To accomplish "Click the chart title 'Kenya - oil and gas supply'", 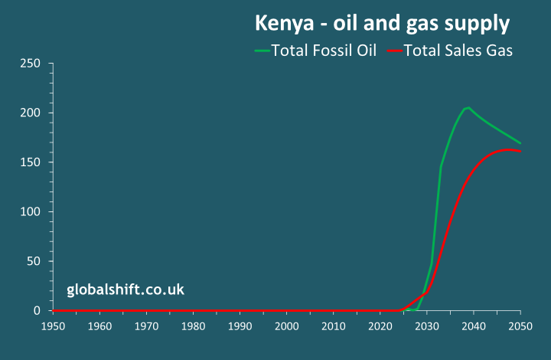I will pyautogui.click(x=382, y=24).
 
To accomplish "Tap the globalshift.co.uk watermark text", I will pyautogui.click(x=126, y=290).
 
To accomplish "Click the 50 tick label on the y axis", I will pyautogui.click(x=33, y=261).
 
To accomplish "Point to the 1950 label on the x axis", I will pyautogui.click(x=54, y=326).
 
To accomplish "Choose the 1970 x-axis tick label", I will pyautogui.click(x=147, y=326).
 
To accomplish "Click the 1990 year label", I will pyautogui.click(x=240, y=326).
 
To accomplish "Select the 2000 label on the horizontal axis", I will pyautogui.click(x=287, y=326).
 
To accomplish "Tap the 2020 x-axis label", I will pyautogui.click(x=380, y=326).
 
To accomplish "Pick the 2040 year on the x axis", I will pyautogui.click(x=474, y=326).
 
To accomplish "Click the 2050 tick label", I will pyautogui.click(x=520, y=326).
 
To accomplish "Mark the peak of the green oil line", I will pyautogui.click(x=468, y=108).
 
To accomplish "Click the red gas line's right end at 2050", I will pyautogui.click(x=520, y=152).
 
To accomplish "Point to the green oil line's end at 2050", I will pyautogui.click(x=520, y=143).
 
